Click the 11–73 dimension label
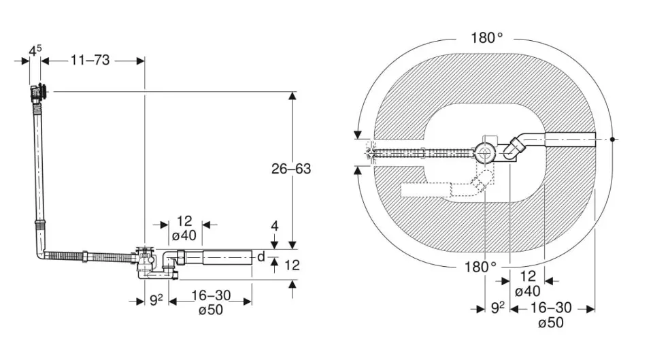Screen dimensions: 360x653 [x=90, y=61]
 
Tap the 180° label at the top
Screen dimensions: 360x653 [x=487, y=37]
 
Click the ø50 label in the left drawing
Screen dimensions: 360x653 [x=210, y=310]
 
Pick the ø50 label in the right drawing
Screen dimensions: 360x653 [x=551, y=323]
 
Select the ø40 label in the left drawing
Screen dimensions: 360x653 [x=184, y=235]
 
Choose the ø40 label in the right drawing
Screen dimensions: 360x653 [x=528, y=292]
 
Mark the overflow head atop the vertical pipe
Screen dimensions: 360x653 [x=39, y=91]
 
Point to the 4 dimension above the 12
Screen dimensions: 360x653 [x=274, y=226]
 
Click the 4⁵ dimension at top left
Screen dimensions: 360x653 [x=35, y=50]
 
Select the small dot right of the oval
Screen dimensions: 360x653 [x=614, y=140]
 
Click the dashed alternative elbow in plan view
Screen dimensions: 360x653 [x=482, y=182]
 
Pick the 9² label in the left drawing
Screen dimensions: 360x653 [x=156, y=298]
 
